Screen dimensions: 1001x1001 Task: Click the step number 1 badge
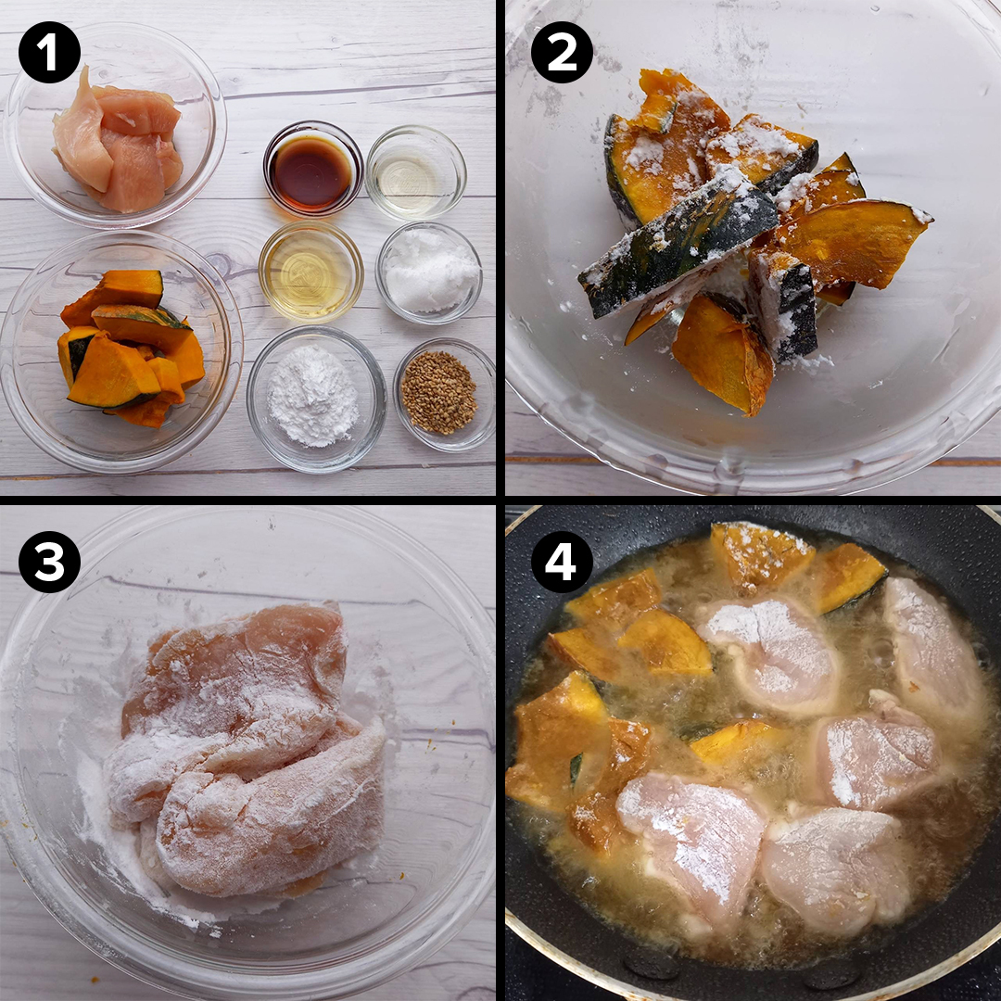49,52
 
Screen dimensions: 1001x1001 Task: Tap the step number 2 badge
562,52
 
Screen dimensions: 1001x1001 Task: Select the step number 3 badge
49,562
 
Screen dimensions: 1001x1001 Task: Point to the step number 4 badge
562,562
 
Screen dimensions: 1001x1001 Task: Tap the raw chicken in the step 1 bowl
117,141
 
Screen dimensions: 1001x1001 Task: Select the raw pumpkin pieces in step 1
131,348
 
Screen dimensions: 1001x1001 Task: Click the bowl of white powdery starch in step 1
316,399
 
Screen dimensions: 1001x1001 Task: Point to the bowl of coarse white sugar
429,272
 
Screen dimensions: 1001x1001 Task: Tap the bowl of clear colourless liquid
415,172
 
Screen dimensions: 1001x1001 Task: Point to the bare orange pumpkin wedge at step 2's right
853,243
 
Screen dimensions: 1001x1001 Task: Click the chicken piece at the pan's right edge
932,645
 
